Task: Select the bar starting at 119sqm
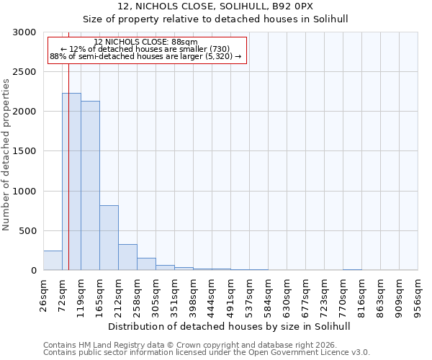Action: point(90,186)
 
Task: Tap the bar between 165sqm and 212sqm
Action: point(109,238)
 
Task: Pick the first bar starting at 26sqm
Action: point(53,261)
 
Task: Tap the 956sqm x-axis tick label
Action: point(418,295)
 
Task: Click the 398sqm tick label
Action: point(193,295)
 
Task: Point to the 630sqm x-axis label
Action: point(287,295)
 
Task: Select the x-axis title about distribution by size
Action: point(230,326)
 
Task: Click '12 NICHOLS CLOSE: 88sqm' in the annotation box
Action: point(145,42)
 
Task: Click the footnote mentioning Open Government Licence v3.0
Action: point(207,353)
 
